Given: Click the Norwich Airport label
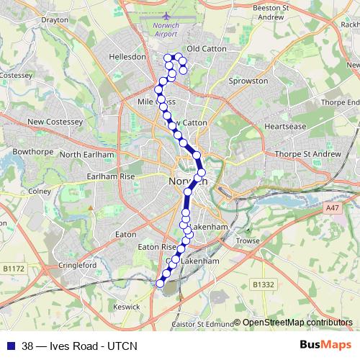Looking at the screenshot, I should click(165, 30).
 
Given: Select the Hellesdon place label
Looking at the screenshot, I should click(127, 55).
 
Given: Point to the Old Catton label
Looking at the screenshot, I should click(207, 48).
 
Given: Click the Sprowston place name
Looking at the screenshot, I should click(248, 81).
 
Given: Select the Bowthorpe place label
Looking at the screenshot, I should click(29, 152).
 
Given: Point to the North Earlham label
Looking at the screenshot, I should click(87, 155).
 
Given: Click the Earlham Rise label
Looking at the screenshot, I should click(110, 176).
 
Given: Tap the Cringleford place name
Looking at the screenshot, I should click(76, 265).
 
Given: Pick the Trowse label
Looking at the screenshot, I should click(247, 240).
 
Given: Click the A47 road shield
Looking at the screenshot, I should click(331, 208).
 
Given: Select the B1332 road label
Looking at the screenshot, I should click(264, 285).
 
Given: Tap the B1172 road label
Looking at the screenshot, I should click(13, 269).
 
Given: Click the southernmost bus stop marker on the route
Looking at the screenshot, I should click(160, 284).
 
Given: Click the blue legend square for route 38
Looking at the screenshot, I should click(12, 346).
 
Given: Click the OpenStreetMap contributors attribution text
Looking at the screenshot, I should click(297, 323).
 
